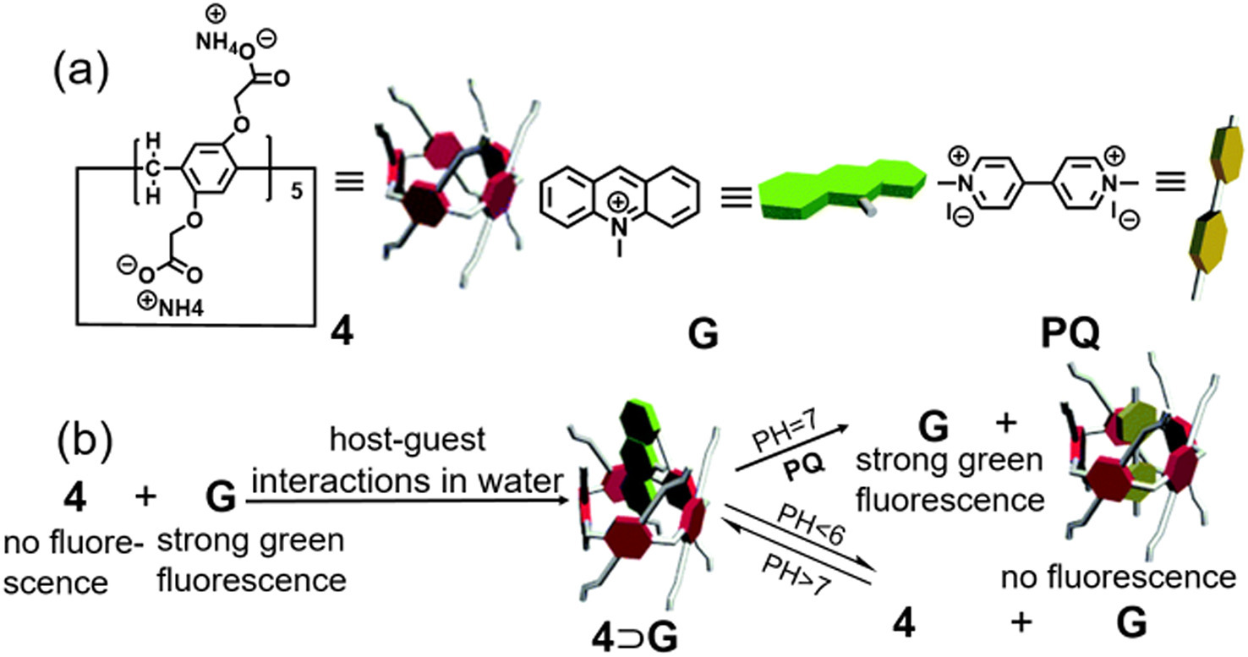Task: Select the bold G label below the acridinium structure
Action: click(x=703, y=337)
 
